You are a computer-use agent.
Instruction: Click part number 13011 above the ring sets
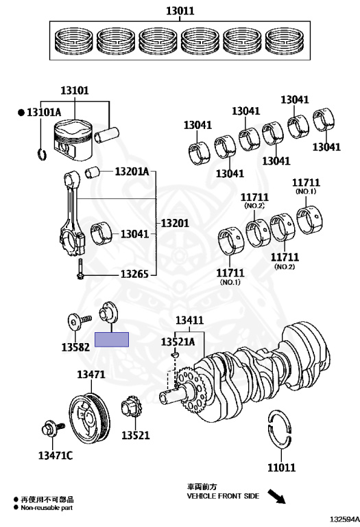[x=180, y=11]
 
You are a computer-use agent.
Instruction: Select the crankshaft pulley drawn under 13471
[x=90, y=419]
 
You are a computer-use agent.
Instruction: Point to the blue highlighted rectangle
[x=112, y=340]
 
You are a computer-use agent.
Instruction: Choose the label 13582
[x=75, y=347]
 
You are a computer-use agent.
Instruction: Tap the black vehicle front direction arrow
[x=276, y=496]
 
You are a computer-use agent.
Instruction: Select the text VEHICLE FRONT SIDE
[x=223, y=496]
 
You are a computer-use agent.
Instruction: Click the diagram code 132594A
[x=344, y=519]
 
